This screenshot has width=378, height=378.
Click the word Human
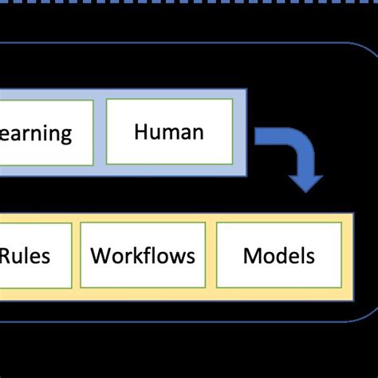coord(168,131)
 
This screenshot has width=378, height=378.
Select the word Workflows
coord(143,256)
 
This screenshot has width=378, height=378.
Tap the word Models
coord(278,256)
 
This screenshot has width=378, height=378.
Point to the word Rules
coord(25,256)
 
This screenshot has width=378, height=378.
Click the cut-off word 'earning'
coord(35,133)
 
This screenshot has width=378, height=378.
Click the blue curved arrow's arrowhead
coord(305,182)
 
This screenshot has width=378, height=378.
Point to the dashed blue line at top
coord(189,6)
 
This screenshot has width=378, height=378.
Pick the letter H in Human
coord(140,131)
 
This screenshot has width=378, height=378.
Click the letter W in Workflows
coord(99,256)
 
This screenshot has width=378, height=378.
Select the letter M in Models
coord(251,256)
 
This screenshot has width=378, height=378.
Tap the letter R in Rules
coord(6,256)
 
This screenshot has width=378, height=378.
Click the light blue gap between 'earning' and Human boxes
coord(100,132)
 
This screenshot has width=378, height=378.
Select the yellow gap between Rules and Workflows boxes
coord(77,255)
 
